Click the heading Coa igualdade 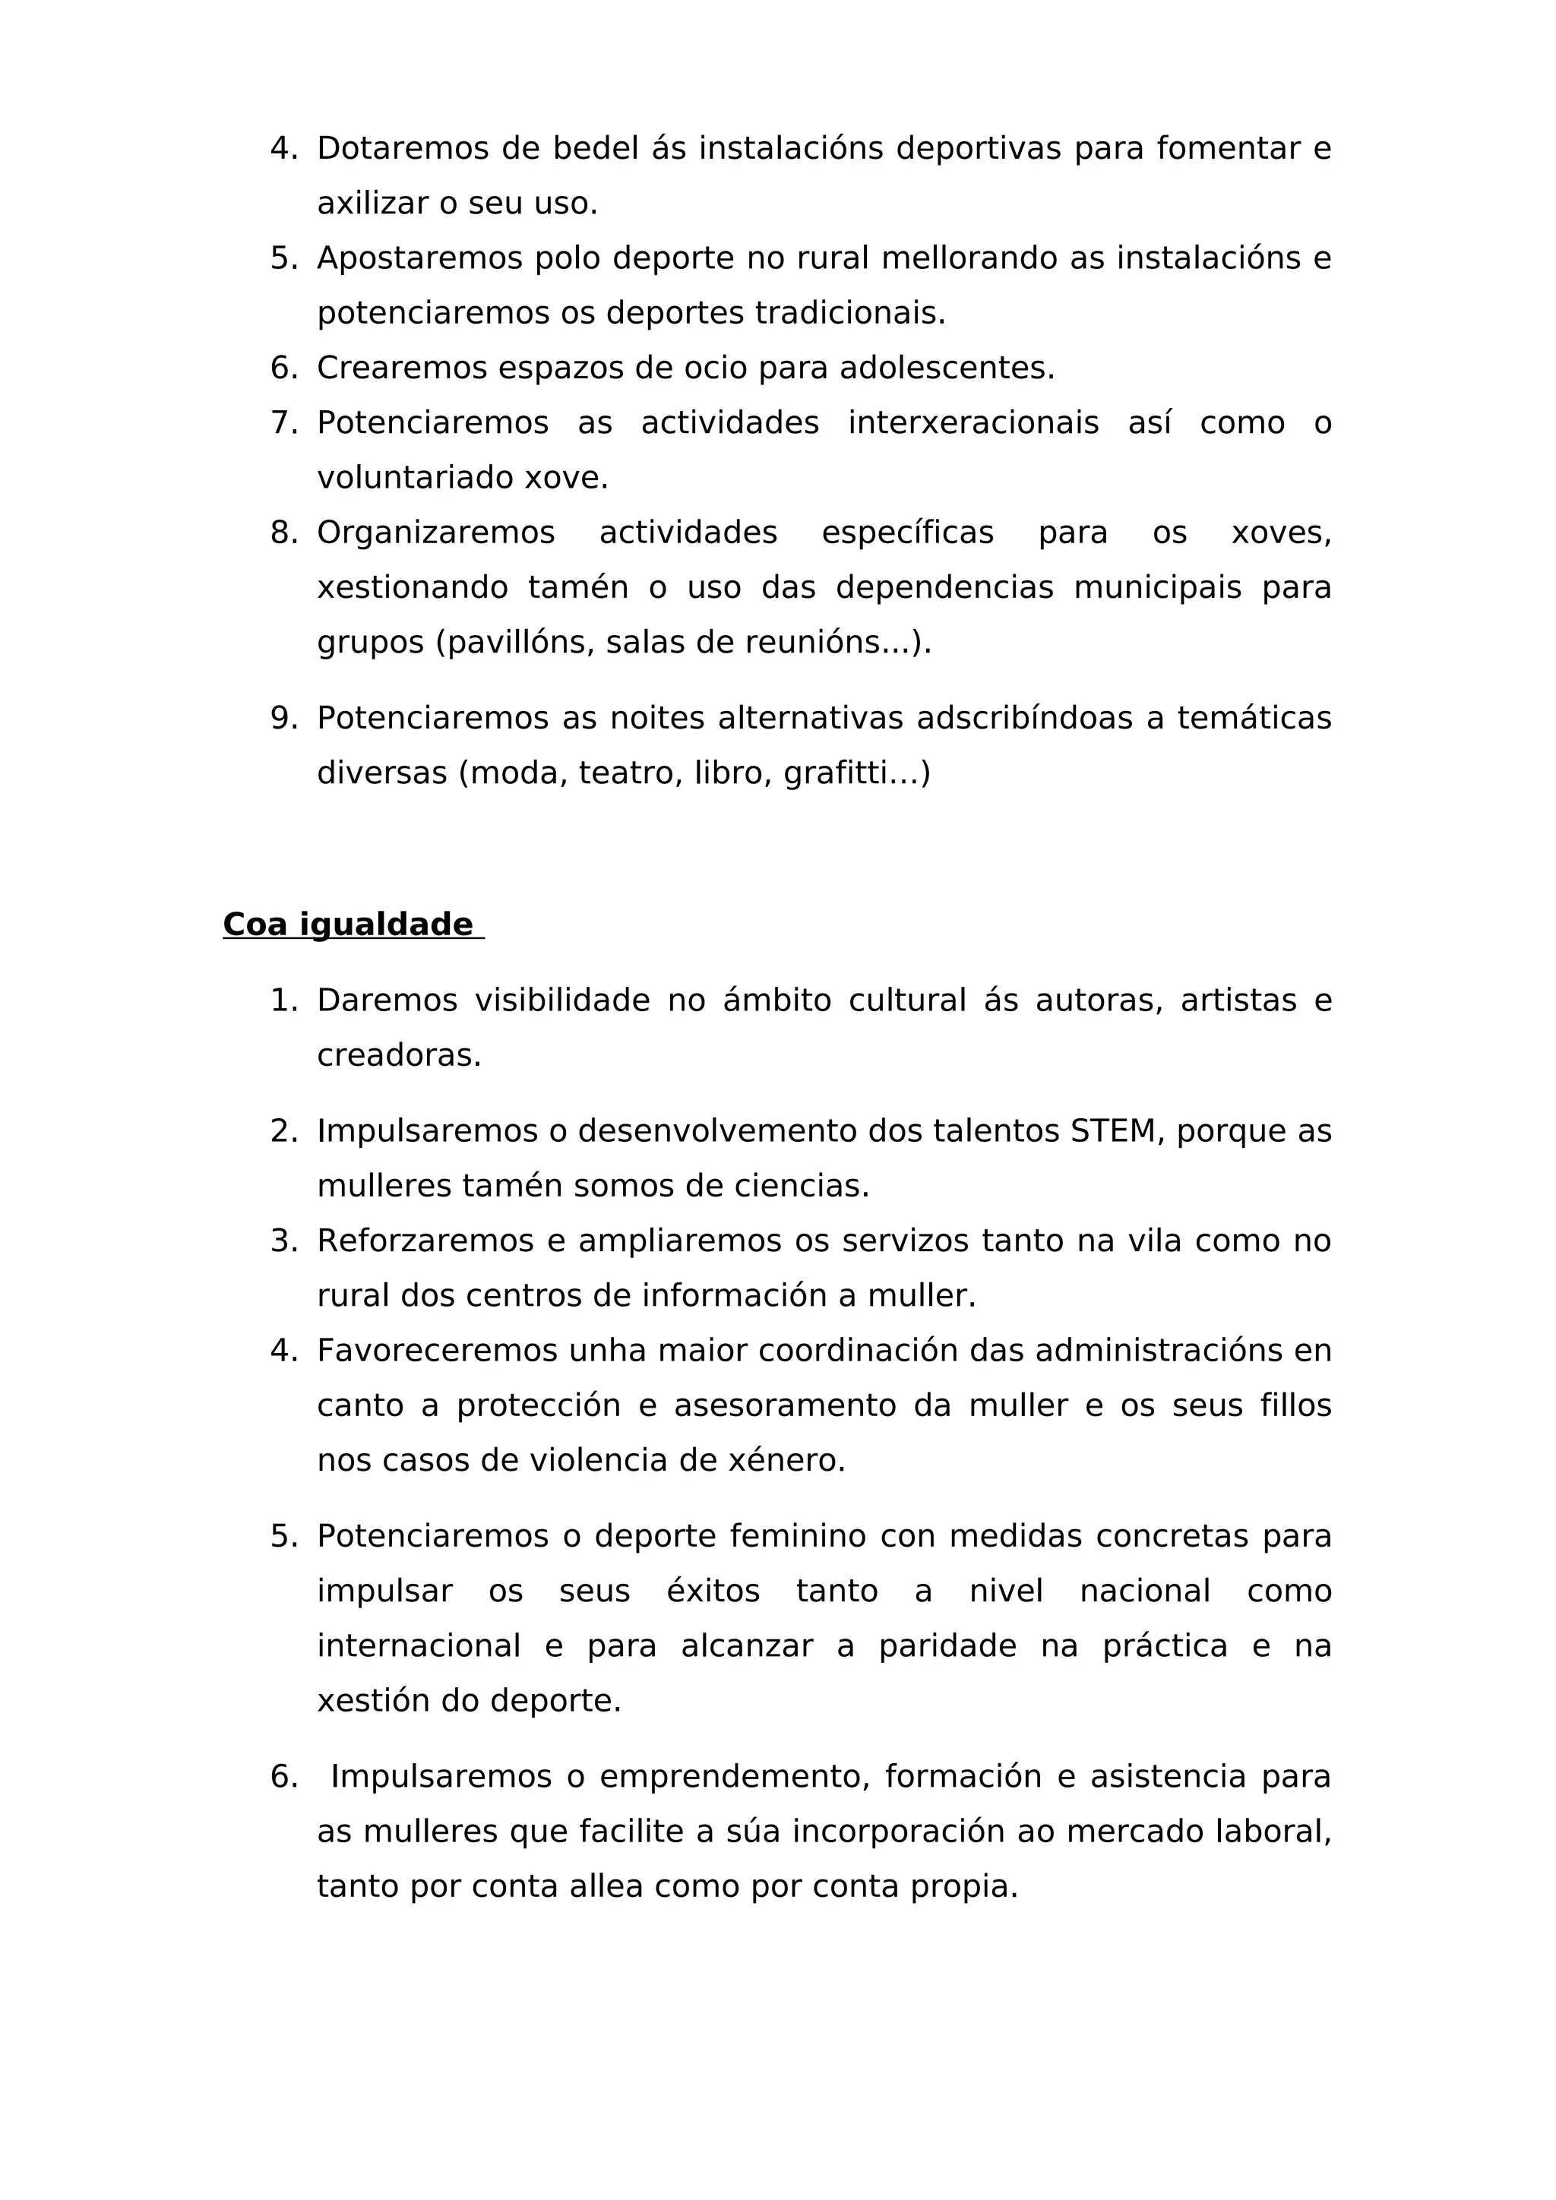tap(348, 925)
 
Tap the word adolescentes tap(946, 368)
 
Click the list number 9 tap(283, 718)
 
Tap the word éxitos tap(713, 1591)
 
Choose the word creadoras tap(399, 1056)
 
